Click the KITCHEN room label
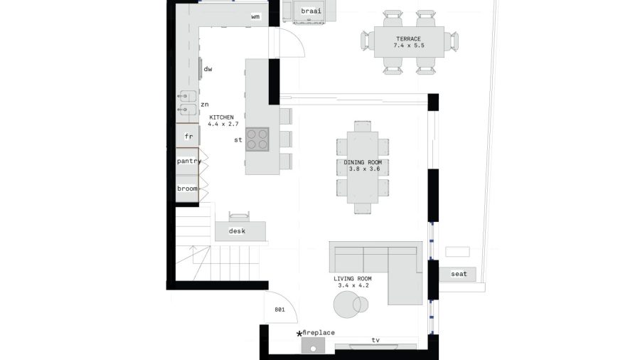tap(222, 117)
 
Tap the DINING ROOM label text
tap(363, 162)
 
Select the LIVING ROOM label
tap(353, 279)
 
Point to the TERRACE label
tap(409, 39)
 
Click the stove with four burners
tap(257, 139)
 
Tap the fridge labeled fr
tap(188, 135)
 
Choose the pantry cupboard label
tap(189, 162)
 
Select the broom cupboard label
tap(187, 189)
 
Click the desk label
tap(237, 231)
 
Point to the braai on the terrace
tap(311, 11)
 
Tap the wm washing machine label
tap(255, 17)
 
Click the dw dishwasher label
tap(208, 69)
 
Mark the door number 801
tap(279, 309)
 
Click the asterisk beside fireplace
tap(299, 334)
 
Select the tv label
tap(375, 340)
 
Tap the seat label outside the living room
tap(459, 274)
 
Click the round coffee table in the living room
tap(346, 305)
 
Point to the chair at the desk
tap(239, 217)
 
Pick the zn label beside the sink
tap(205, 105)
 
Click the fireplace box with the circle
tap(313, 345)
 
